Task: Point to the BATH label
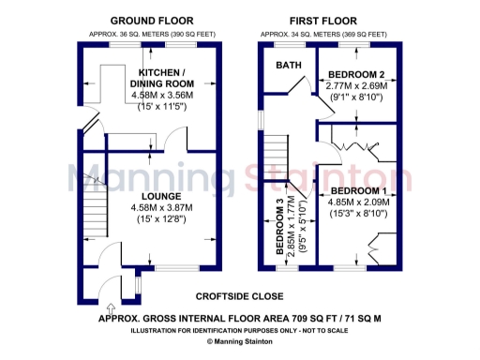click(289, 66)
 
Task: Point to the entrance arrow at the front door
click(112, 306)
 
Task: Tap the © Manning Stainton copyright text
click(240, 342)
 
